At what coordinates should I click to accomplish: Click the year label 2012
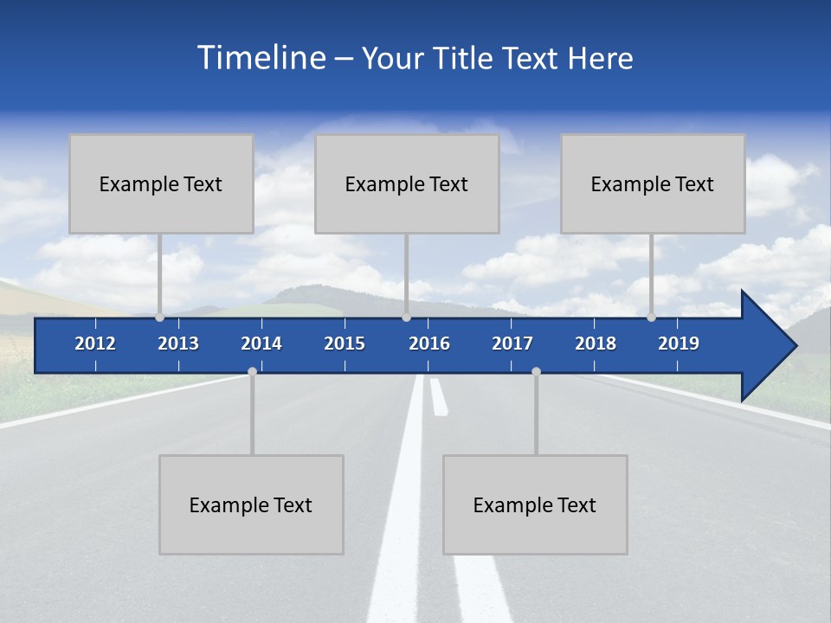[x=95, y=344]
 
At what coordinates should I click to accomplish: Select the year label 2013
[x=178, y=344]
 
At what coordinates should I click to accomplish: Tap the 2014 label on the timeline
[x=261, y=344]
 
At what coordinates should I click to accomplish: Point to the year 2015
[x=345, y=344]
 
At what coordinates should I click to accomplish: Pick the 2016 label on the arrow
[x=429, y=344]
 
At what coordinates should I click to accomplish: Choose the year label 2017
[x=512, y=344]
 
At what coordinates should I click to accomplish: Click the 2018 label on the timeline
[x=596, y=344]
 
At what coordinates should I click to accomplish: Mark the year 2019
[x=679, y=344]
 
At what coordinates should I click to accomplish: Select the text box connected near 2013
[x=161, y=183]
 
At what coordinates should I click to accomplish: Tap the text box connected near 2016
[x=407, y=183]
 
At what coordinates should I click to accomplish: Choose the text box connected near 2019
[x=653, y=183]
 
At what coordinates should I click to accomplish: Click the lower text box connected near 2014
[x=251, y=504]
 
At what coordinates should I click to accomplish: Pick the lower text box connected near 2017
[x=535, y=504]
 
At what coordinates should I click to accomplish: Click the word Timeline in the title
[x=260, y=58]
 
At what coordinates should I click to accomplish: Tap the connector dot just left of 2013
[x=160, y=317]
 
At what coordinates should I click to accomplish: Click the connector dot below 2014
[x=252, y=371]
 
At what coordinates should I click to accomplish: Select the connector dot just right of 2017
[x=536, y=371]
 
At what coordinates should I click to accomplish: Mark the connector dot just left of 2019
[x=652, y=317]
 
